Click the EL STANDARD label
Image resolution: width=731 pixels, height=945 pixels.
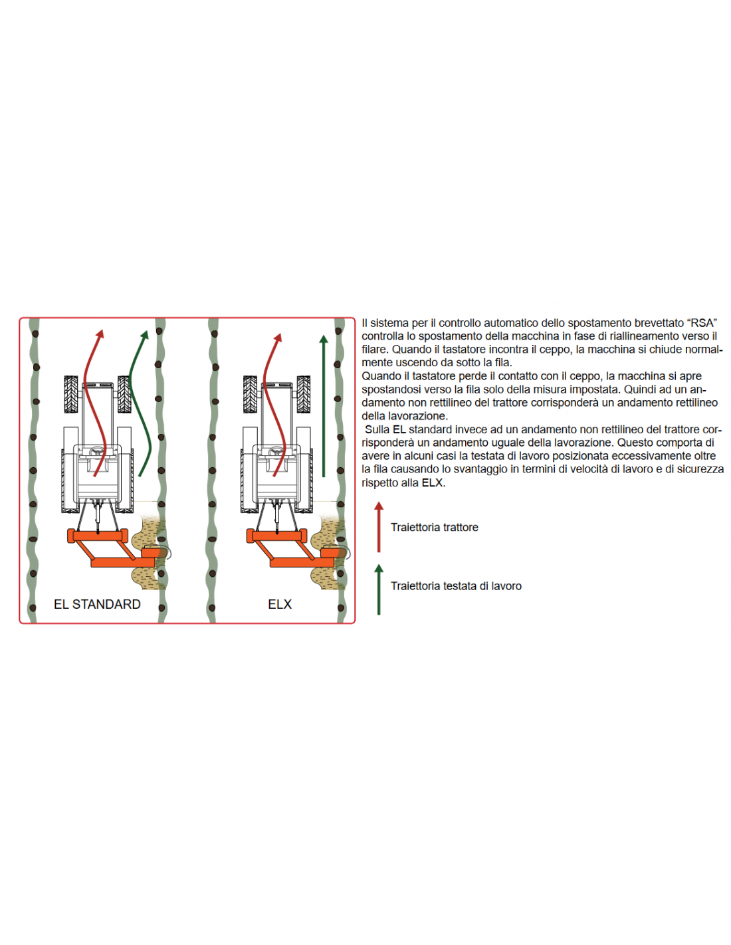tap(97, 604)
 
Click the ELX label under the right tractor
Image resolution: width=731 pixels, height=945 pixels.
tap(280, 604)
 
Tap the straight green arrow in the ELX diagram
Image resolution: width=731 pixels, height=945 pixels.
tap(323, 406)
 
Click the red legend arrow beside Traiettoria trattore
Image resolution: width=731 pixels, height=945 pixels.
tap(379, 526)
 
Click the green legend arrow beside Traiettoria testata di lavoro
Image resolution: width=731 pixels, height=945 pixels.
tap(379, 589)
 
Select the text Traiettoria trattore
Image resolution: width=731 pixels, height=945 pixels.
tap(435, 527)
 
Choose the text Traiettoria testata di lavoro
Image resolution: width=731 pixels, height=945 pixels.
tap(456, 585)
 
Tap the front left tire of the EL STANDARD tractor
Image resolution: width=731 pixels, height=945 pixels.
tap(71, 395)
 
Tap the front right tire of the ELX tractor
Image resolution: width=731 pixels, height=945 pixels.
tap(304, 395)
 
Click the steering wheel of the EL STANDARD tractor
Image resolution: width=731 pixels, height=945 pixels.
tap(99, 452)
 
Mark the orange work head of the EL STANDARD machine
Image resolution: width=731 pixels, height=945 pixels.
tap(154, 553)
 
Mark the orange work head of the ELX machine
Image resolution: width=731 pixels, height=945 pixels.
tap(333, 553)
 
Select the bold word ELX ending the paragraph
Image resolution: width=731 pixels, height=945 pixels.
tap(432, 482)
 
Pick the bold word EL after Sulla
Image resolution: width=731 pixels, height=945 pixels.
tap(399, 430)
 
